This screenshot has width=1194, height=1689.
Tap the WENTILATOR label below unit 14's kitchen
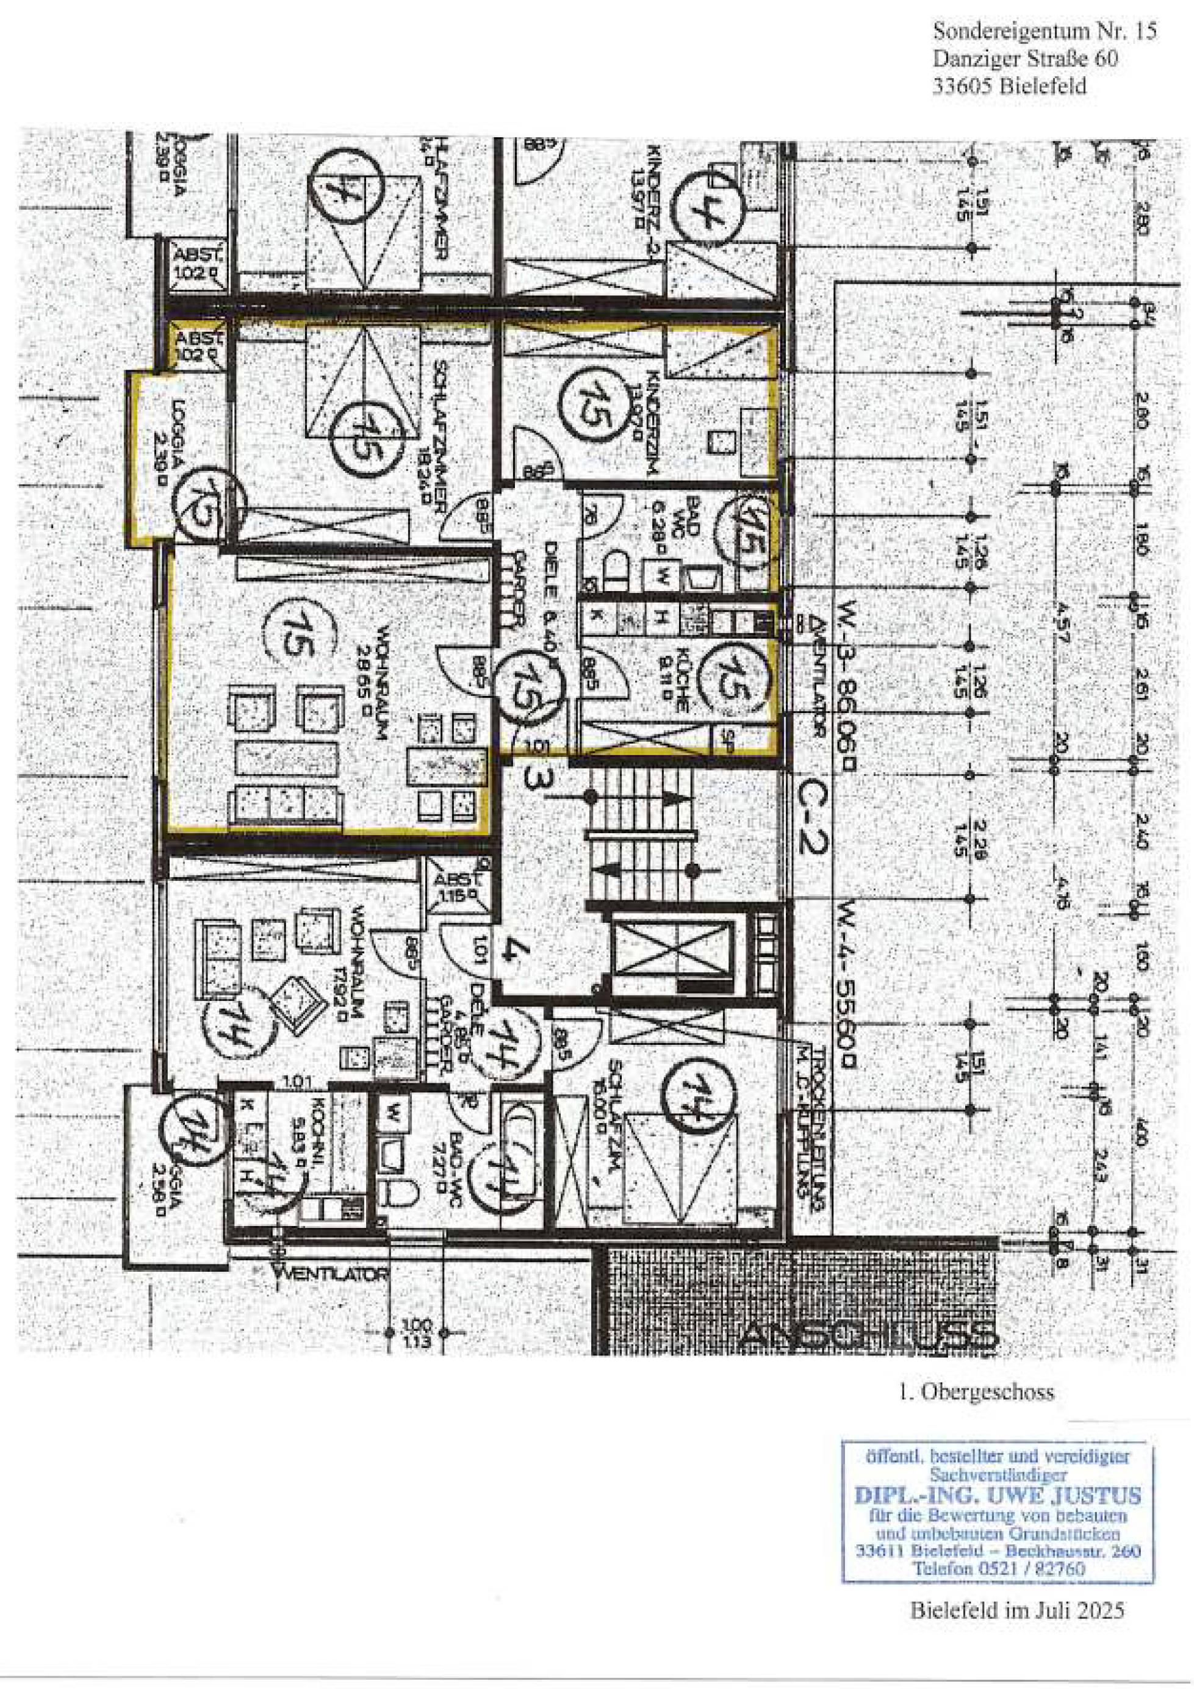[x=331, y=1274]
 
